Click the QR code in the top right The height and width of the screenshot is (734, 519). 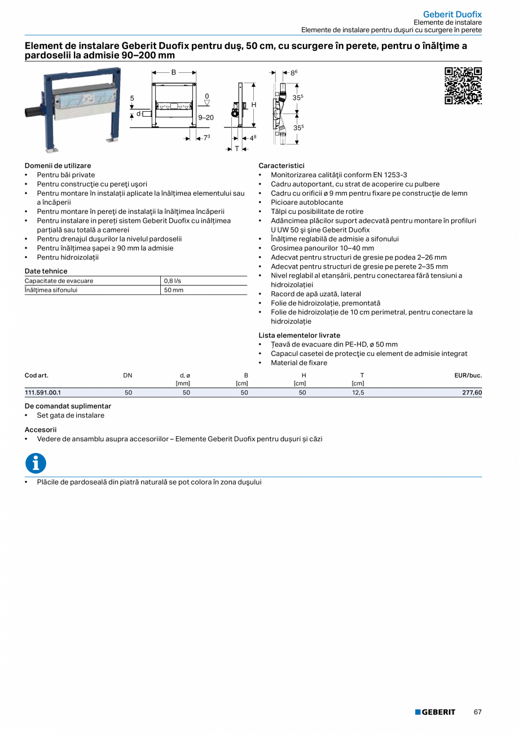tap(463, 86)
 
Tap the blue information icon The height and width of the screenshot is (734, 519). tap(36, 463)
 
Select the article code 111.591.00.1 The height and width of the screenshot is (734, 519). tap(43, 393)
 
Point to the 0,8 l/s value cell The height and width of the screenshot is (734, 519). tap(173, 281)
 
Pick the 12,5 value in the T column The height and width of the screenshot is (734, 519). tap(358, 393)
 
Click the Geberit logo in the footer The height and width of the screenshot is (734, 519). tap(435, 712)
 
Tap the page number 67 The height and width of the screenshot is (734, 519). tap(477, 712)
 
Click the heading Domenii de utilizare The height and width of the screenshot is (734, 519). tap(58, 166)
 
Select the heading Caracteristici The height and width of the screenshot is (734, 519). tap(281, 166)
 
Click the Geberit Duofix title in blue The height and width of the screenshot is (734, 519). tap(452, 14)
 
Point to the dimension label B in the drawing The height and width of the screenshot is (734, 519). tap(174, 72)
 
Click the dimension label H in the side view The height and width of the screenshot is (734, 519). tap(254, 105)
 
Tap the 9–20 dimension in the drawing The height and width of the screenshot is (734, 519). tap(206, 117)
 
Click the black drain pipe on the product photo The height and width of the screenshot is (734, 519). tap(33, 111)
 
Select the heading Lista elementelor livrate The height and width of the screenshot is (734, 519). tap(299, 335)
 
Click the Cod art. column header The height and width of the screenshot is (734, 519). tap(37, 375)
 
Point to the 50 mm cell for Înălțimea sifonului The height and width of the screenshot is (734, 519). tap(174, 290)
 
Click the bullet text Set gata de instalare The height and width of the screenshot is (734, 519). tap(71, 415)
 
